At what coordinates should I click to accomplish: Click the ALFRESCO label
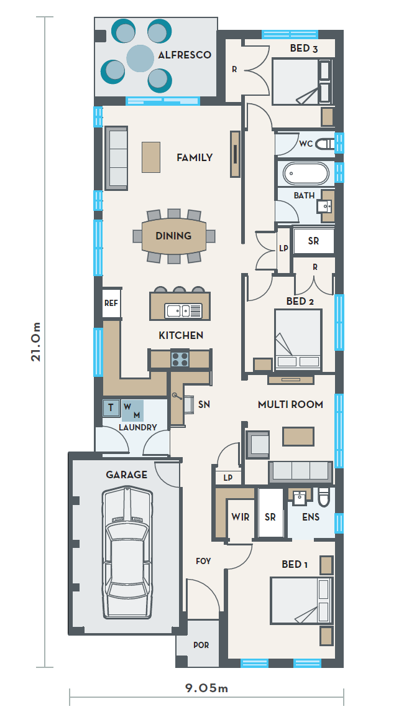[x=185, y=55]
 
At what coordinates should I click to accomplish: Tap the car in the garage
[x=127, y=552]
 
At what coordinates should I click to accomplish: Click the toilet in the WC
[x=325, y=144]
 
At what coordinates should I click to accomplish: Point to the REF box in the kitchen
[x=111, y=303]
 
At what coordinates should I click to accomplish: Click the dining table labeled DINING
[x=174, y=236]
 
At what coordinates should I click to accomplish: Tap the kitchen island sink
[x=183, y=310]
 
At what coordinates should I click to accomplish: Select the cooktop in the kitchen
[x=180, y=359]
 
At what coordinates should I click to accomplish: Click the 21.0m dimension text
[x=35, y=341]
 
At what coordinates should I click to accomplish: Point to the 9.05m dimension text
[x=206, y=688]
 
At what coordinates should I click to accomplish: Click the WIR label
[x=240, y=517]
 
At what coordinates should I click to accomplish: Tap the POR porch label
[x=201, y=645]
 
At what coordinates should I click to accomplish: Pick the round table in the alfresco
[x=140, y=58]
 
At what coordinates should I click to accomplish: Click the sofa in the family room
[x=116, y=158]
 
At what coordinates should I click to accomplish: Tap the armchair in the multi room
[x=257, y=443]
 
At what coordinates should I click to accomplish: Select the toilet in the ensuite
[x=324, y=498]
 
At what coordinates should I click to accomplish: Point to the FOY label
[x=203, y=561]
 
